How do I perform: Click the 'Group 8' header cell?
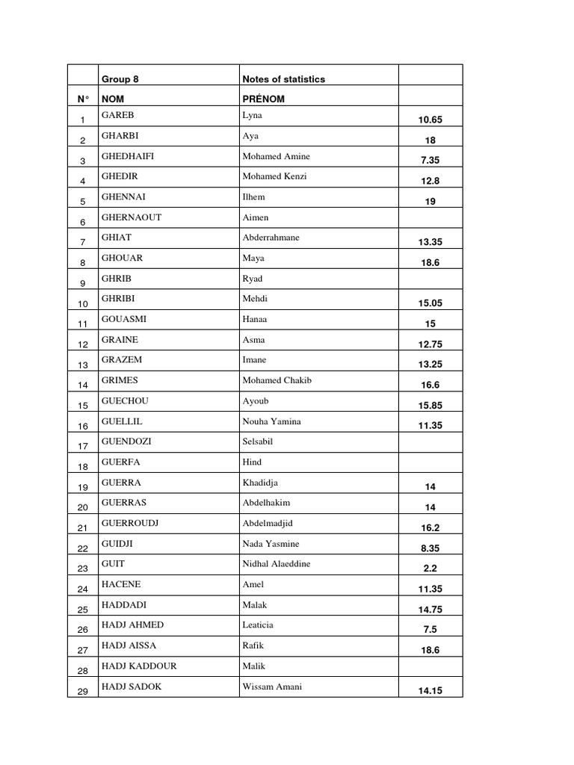[120, 79]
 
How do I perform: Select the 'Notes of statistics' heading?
[283, 79]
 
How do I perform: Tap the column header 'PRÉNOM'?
[263, 99]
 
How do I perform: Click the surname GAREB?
[117, 116]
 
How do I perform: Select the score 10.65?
[430, 120]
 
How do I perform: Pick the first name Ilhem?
[253, 197]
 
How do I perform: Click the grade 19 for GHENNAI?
[430, 202]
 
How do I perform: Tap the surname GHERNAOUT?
[132, 217]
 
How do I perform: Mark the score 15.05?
[430, 303]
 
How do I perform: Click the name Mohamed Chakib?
[277, 380]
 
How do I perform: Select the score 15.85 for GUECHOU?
[430, 406]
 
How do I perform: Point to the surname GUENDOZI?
[126, 442]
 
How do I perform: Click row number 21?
[83, 528]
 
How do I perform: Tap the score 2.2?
[430, 569]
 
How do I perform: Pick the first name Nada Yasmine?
[270, 544]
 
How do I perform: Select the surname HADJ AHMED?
[132, 625]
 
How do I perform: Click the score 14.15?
[430, 691]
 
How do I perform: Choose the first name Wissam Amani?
[272, 687]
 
